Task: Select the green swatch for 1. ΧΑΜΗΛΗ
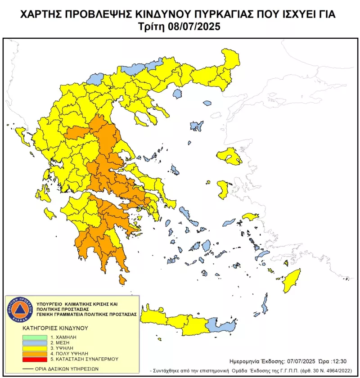coord(35,336)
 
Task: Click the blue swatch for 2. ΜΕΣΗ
coord(35,342)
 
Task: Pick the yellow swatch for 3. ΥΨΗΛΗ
coord(35,348)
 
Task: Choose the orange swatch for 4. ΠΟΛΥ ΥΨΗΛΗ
coord(35,354)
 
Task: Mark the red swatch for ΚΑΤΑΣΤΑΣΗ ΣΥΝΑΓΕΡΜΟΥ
coord(35,360)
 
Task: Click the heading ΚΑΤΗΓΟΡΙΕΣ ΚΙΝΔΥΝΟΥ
coord(53,328)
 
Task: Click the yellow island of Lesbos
coord(229,156)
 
